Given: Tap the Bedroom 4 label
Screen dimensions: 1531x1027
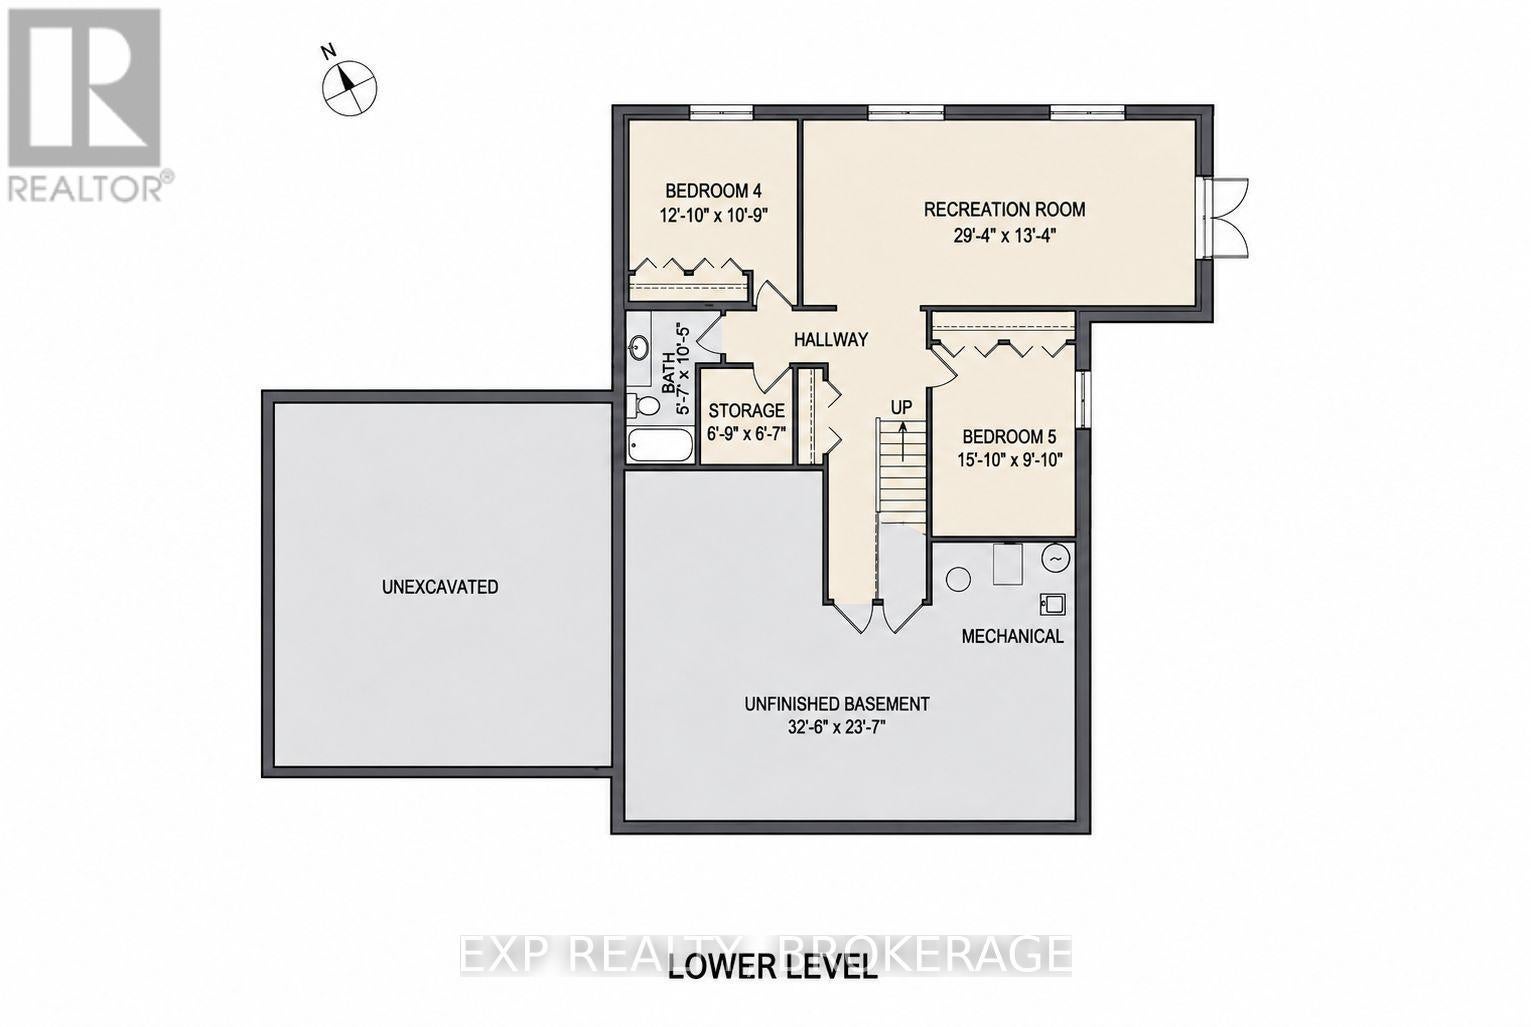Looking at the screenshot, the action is click(714, 190).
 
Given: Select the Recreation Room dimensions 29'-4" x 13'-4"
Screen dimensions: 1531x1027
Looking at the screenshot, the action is click(1005, 235).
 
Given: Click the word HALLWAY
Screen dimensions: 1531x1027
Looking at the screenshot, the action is click(830, 339).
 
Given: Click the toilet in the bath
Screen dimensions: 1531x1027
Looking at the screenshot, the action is click(643, 407).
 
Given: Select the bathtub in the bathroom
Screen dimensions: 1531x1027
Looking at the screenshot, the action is click(660, 446).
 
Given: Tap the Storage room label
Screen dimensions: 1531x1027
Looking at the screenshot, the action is click(746, 411).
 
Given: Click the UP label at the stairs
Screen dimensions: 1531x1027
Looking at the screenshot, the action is click(902, 407).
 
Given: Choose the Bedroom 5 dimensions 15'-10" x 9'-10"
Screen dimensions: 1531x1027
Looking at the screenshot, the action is click(1010, 459).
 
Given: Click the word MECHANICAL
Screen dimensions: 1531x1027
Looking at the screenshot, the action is click(1012, 636).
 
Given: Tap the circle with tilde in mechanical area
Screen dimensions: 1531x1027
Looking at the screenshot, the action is click(1055, 559).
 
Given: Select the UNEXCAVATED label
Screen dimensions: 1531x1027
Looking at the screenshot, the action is click(440, 586).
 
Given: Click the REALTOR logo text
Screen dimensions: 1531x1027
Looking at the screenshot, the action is click(86, 189).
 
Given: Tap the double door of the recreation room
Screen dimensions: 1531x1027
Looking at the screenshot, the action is click(1225, 217).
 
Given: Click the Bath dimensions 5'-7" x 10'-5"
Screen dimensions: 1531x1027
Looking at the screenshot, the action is click(676, 369).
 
